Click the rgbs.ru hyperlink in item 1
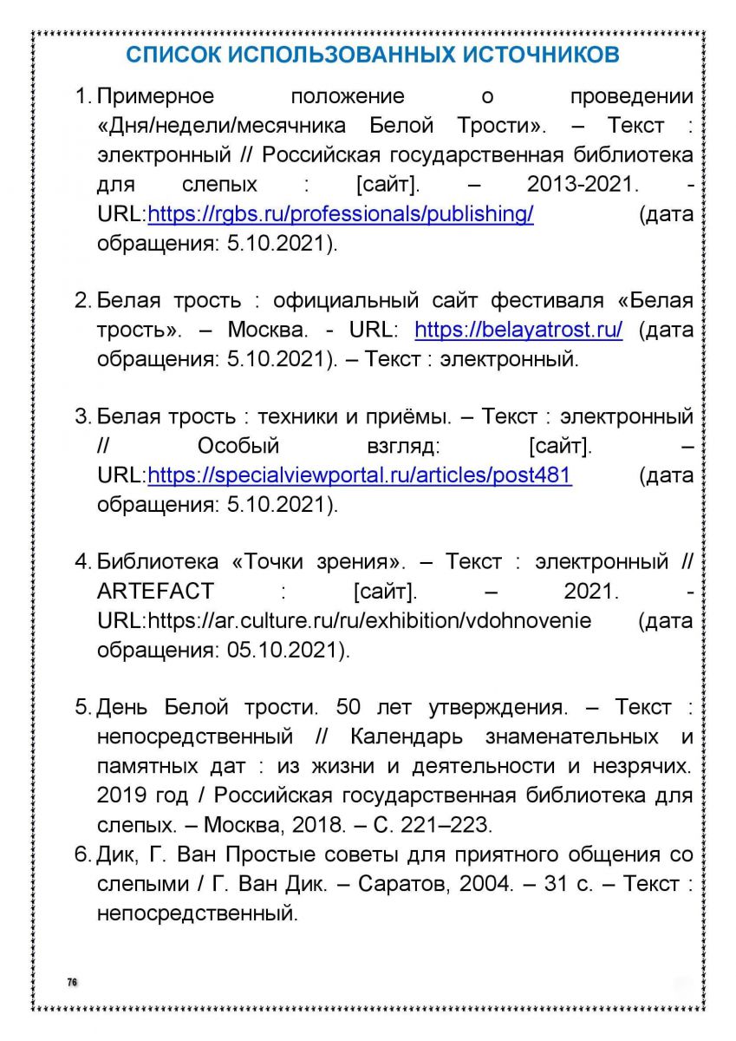[341, 213]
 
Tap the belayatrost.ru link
[518, 331]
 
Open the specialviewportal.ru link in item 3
[360, 475]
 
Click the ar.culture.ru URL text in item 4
[370, 621]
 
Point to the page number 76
[72, 981]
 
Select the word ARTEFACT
[155, 592]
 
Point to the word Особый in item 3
[238, 447]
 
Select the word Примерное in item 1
[155, 96]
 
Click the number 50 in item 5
[348, 708]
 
